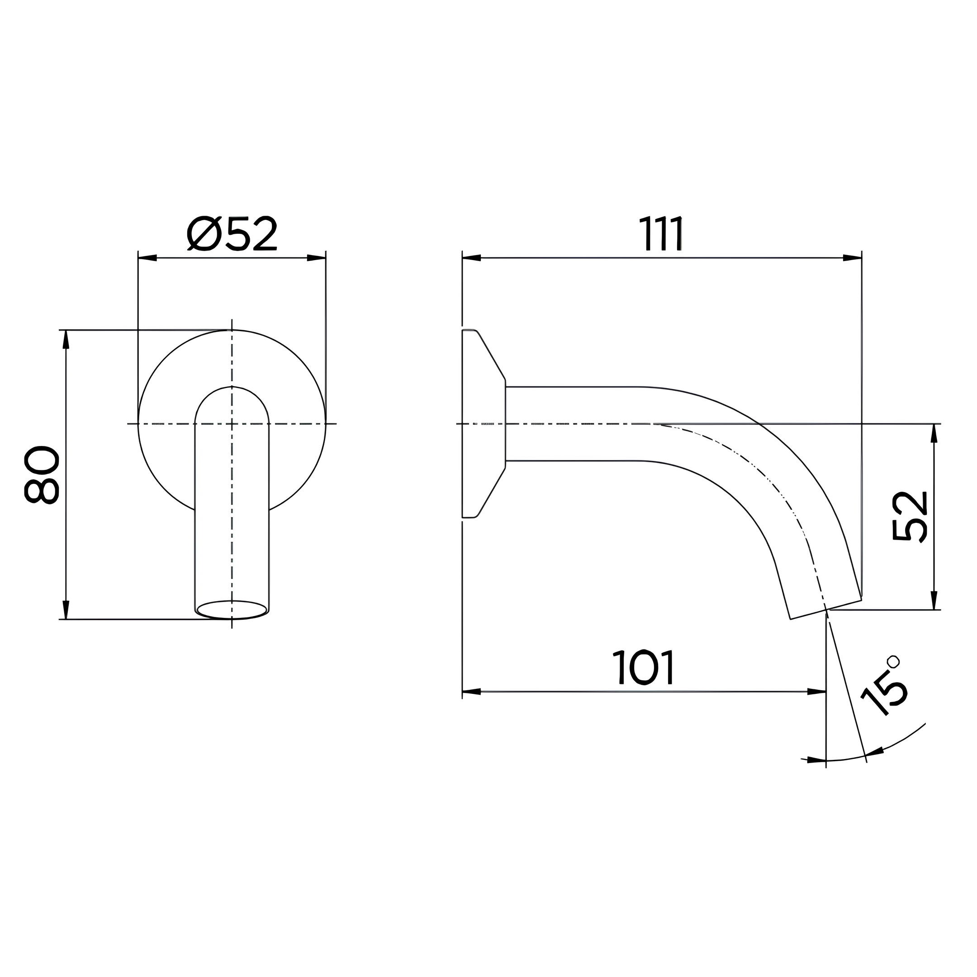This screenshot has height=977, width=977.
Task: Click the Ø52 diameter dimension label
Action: click(x=232, y=234)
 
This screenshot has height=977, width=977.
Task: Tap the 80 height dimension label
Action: click(x=42, y=475)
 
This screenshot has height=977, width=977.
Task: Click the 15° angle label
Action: click(x=882, y=685)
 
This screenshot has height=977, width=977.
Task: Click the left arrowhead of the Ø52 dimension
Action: click(x=147, y=258)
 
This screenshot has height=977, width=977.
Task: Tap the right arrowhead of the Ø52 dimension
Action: click(x=317, y=258)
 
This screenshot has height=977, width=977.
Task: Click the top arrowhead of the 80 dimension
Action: click(x=66, y=339)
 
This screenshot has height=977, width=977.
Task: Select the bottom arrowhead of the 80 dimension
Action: click(x=66, y=610)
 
